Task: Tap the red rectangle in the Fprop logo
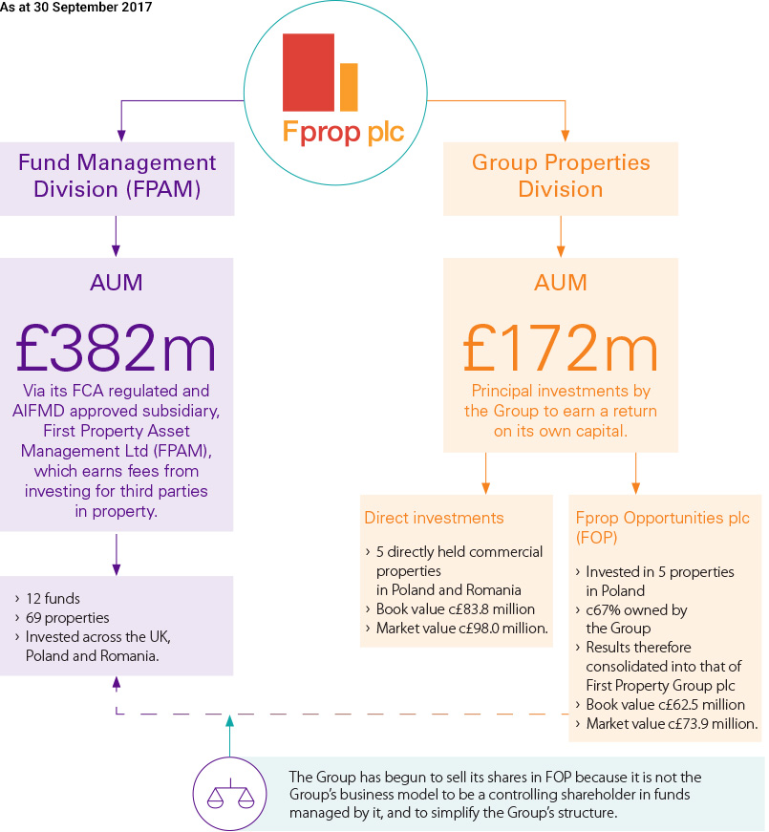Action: tap(308, 73)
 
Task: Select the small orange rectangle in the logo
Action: tap(349, 87)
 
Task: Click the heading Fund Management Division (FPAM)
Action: tap(117, 175)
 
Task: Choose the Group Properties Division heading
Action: tap(561, 175)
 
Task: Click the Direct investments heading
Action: tap(434, 518)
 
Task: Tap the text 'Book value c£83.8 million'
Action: tap(455, 608)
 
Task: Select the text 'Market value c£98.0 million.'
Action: tap(461, 628)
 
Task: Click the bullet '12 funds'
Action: tap(53, 599)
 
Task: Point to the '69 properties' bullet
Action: tap(68, 617)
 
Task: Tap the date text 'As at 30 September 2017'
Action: tap(76, 8)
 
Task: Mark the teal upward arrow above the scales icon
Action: tap(229, 736)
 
